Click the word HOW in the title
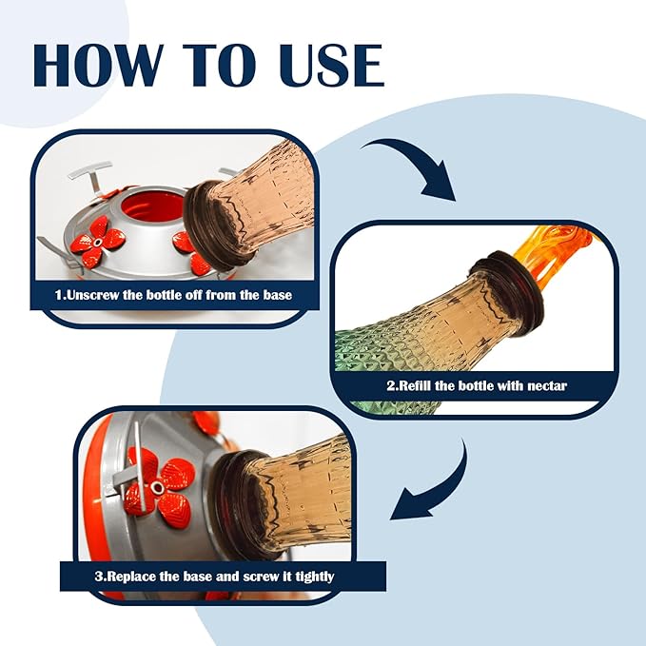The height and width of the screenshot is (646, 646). point(98,65)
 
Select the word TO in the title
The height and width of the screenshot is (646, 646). point(219,65)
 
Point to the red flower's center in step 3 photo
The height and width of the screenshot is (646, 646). point(157,488)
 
